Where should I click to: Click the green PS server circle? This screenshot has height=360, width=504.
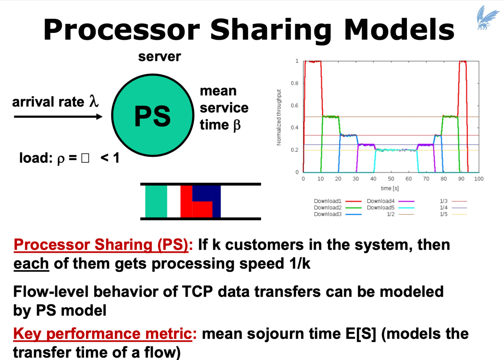153,115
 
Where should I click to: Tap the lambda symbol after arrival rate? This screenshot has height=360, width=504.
94,101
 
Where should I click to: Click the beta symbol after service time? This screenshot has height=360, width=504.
237,125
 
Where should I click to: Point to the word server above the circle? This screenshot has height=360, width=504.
159,56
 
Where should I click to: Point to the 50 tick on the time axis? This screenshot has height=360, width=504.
391,179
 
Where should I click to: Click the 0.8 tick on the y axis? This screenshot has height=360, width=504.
295,83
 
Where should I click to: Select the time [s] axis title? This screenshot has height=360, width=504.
390,188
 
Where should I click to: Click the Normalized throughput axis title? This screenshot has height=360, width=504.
279,117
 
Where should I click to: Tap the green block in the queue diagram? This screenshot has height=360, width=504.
156,201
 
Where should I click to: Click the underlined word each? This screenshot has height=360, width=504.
31,264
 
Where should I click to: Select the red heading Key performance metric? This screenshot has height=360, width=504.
102,334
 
